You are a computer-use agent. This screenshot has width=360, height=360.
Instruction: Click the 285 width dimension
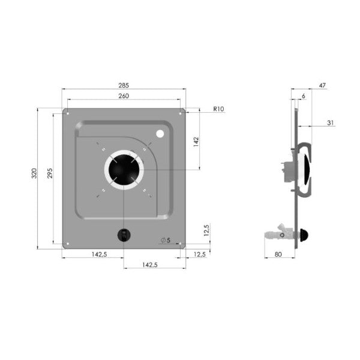[124, 85]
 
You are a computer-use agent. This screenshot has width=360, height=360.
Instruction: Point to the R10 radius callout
[218, 109]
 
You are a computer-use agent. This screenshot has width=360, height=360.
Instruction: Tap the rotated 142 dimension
[196, 142]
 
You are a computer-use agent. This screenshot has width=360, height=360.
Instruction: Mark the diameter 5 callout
[166, 240]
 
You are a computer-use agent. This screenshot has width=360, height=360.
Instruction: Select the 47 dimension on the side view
[322, 86]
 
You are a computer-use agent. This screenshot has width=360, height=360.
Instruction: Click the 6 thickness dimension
[303, 96]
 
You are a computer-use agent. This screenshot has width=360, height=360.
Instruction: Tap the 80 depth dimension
[278, 255]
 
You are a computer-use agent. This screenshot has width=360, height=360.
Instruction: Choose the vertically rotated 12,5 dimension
[206, 230]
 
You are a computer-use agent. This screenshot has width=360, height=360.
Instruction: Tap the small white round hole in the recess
[160, 134]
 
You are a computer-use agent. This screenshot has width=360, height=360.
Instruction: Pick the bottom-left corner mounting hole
[68, 244]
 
